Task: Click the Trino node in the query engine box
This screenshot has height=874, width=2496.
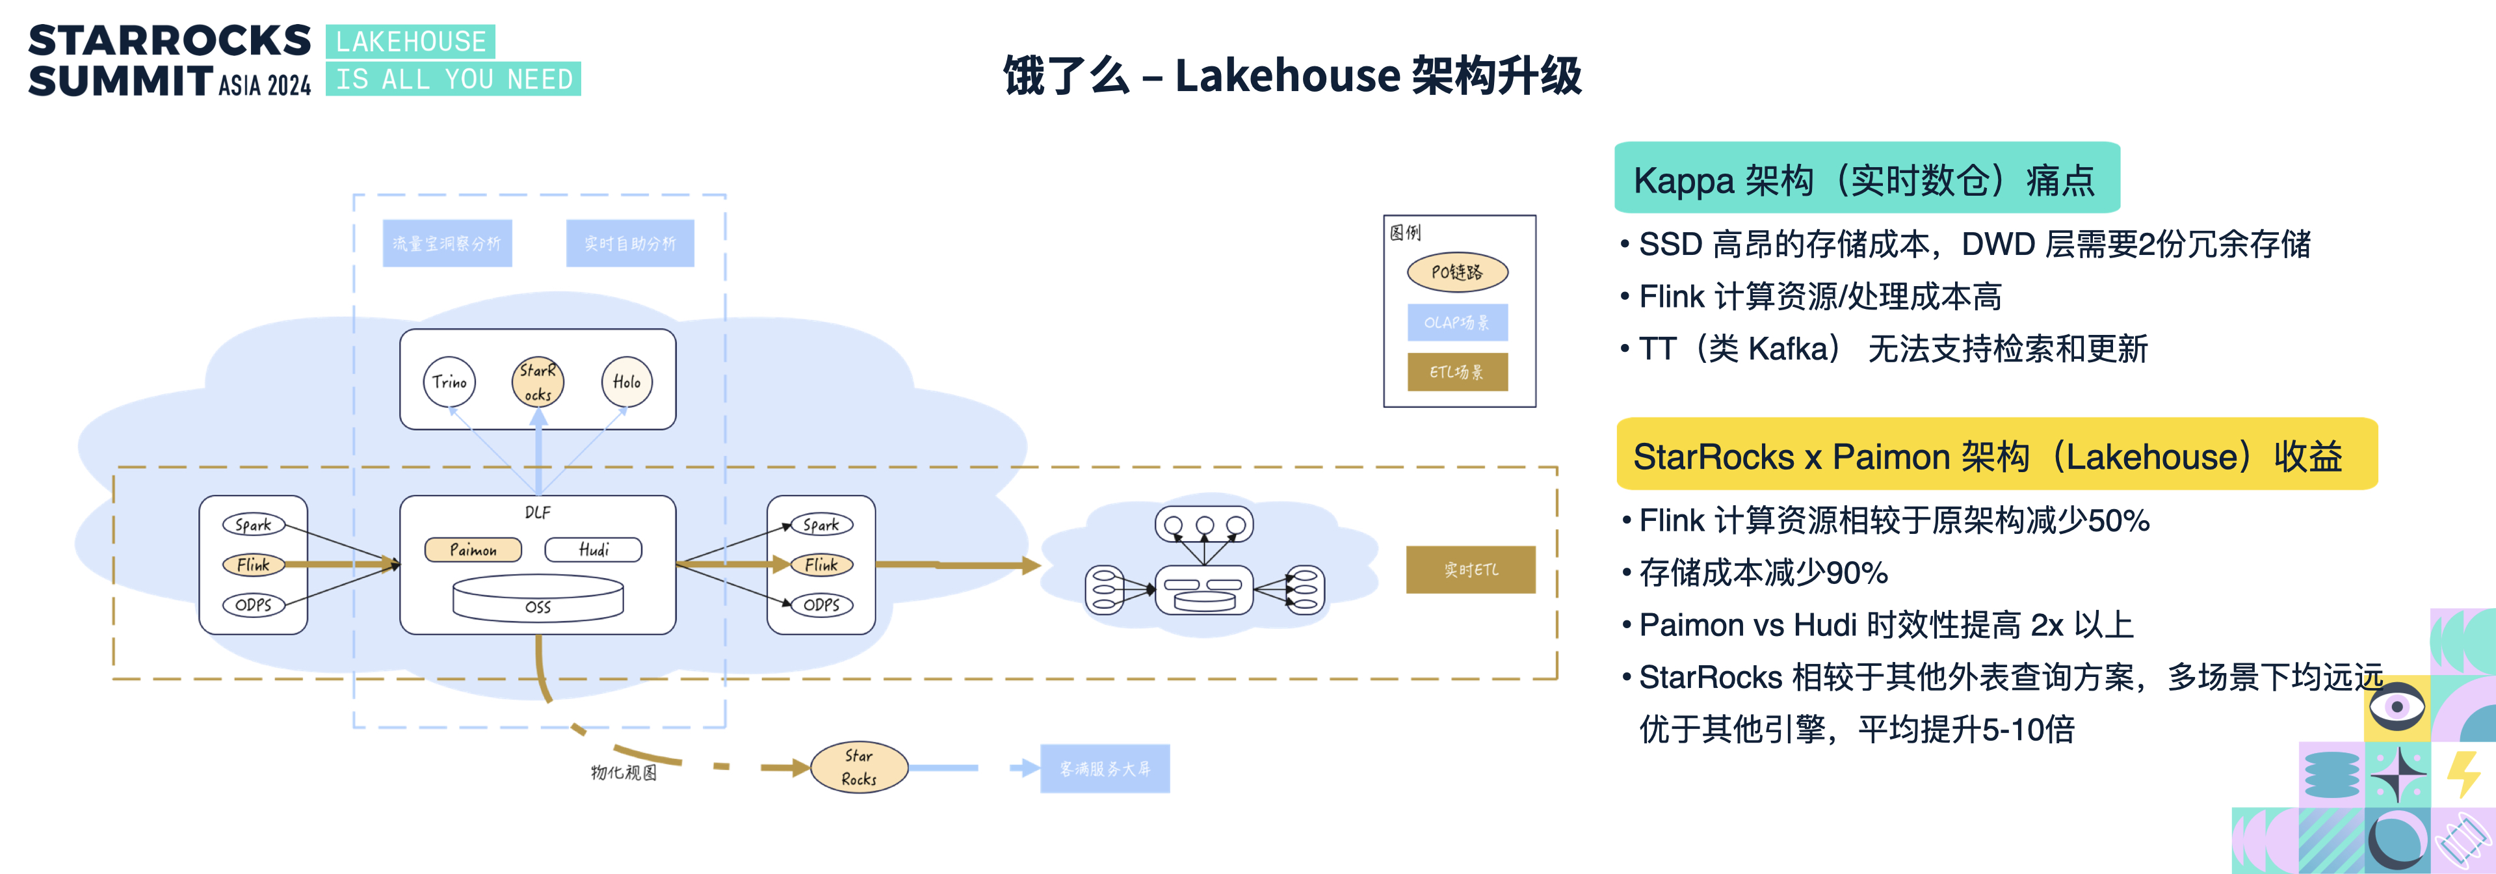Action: pos(449,382)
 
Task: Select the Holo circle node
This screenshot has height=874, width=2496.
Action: pos(627,382)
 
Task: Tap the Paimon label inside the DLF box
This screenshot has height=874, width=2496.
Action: pos(473,550)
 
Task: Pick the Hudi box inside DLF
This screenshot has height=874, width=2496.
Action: pos(593,550)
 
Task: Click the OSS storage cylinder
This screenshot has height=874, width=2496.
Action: pos(538,598)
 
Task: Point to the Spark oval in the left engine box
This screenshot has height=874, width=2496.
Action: pos(253,524)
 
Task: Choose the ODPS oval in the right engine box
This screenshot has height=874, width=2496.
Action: pos(822,605)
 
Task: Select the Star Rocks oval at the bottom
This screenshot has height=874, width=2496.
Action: pos(858,767)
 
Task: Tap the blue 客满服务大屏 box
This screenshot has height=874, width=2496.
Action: pos(1105,769)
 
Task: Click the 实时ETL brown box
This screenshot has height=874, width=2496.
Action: pos(1470,570)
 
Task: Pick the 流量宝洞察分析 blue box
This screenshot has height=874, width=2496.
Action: pos(447,243)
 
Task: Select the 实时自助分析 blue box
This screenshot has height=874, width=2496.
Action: pos(630,243)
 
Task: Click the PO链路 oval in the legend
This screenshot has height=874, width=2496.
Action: pos(1457,272)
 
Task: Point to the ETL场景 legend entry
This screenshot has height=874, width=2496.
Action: pos(1457,372)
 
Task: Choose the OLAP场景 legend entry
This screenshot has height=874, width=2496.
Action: pos(1457,323)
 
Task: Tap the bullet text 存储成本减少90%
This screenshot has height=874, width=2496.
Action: pos(1763,573)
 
